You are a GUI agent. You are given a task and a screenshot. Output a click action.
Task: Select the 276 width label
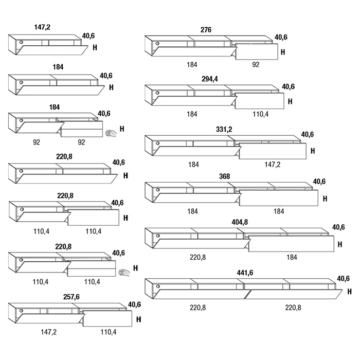click(x=206, y=30)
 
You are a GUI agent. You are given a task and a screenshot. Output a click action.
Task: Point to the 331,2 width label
click(x=224, y=129)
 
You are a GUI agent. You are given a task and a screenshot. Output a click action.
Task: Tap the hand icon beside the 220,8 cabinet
click(x=124, y=272)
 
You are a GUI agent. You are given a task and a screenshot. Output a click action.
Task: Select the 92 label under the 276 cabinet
click(x=256, y=65)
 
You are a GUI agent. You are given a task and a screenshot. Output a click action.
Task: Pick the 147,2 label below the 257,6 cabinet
click(x=48, y=332)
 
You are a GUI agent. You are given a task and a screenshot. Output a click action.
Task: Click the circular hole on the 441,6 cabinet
click(x=158, y=286)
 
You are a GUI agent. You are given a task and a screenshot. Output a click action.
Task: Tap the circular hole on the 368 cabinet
click(x=158, y=188)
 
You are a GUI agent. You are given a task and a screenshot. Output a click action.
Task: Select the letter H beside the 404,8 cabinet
click(x=339, y=244)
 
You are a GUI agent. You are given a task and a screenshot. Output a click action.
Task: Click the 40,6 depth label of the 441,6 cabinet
click(x=343, y=279)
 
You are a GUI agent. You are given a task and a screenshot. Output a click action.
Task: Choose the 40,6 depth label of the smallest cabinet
click(x=88, y=37)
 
